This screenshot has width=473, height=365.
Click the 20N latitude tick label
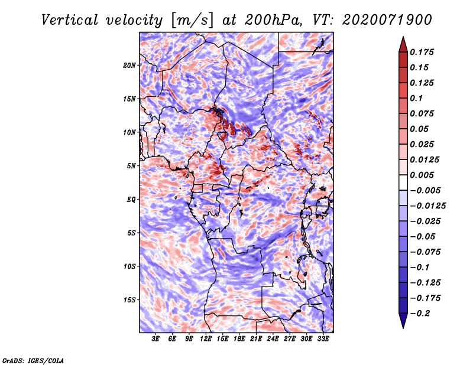(x=129, y=65)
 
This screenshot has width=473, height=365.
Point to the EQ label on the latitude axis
(x=131, y=200)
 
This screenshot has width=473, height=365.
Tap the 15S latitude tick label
(x=129, y=300)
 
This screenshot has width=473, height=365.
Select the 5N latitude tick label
(x=131, y=166)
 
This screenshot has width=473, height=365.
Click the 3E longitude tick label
(x=155, y=339)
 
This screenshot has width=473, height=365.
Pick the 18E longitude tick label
(x=239, y=339)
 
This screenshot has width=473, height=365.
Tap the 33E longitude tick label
(x=323, y=339)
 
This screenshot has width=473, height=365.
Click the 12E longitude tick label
(x=205, y=339)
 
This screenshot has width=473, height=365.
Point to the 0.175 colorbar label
(x=422, y=52)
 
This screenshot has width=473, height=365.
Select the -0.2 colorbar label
(x=420, y=314)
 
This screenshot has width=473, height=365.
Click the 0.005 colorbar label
(x=422, y=175)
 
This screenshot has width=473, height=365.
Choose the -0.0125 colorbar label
(x=427, y=206)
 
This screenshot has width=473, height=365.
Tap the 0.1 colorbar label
(x=416, y=98)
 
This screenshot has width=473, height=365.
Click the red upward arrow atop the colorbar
(x=403, y=45)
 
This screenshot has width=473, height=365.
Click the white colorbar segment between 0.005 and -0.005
(x=403, y=182)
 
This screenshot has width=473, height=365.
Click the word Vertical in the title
(x=70, y=20)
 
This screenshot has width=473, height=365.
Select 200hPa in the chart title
(x=273, y=20)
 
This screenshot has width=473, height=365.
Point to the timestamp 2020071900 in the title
(x=387, y=20)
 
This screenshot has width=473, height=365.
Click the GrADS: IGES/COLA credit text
(x=33, y=360)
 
